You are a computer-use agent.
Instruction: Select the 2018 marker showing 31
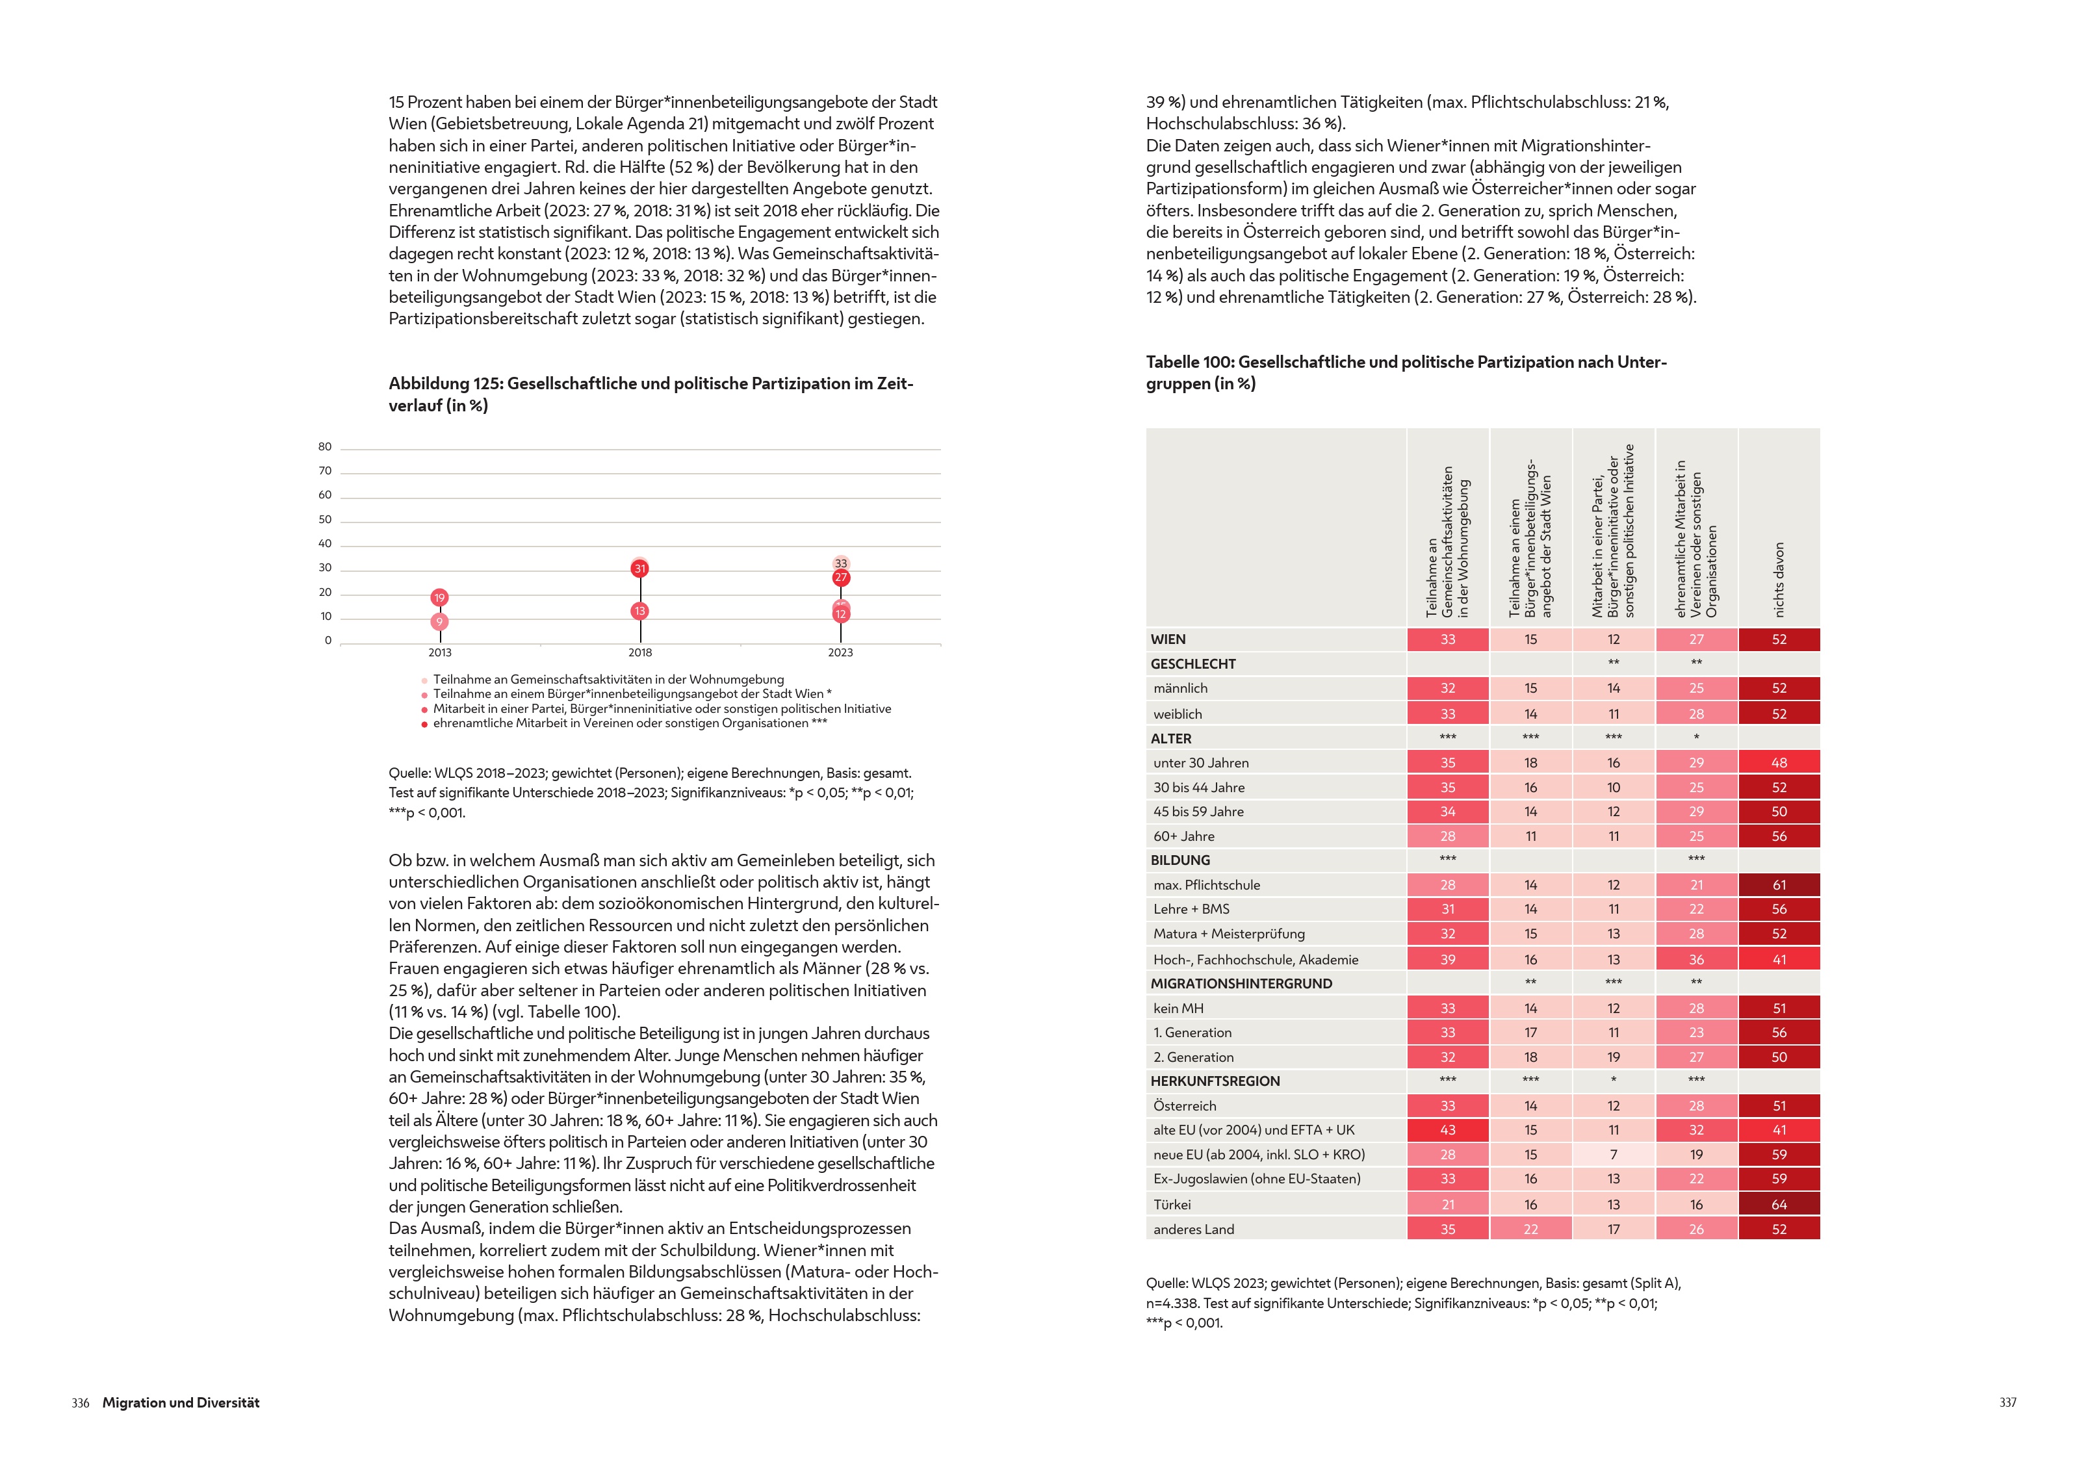[639, 569]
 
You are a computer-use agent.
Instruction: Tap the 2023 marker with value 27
[840, 578]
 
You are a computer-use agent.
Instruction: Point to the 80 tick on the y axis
[325, 446]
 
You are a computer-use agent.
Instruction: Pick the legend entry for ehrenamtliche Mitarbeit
[629, 723]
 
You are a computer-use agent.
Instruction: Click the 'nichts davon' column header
[1779, 580]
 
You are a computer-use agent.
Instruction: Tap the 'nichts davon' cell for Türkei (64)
[1779, 1204]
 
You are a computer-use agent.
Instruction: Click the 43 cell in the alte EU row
[1447, 1130]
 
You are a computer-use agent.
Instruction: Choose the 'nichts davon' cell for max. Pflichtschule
[1779, 884]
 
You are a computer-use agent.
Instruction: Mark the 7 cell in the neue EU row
[1613, 1155]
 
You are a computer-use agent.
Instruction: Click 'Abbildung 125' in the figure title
[445, 383]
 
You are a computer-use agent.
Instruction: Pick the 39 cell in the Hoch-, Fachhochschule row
[1447, 959]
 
